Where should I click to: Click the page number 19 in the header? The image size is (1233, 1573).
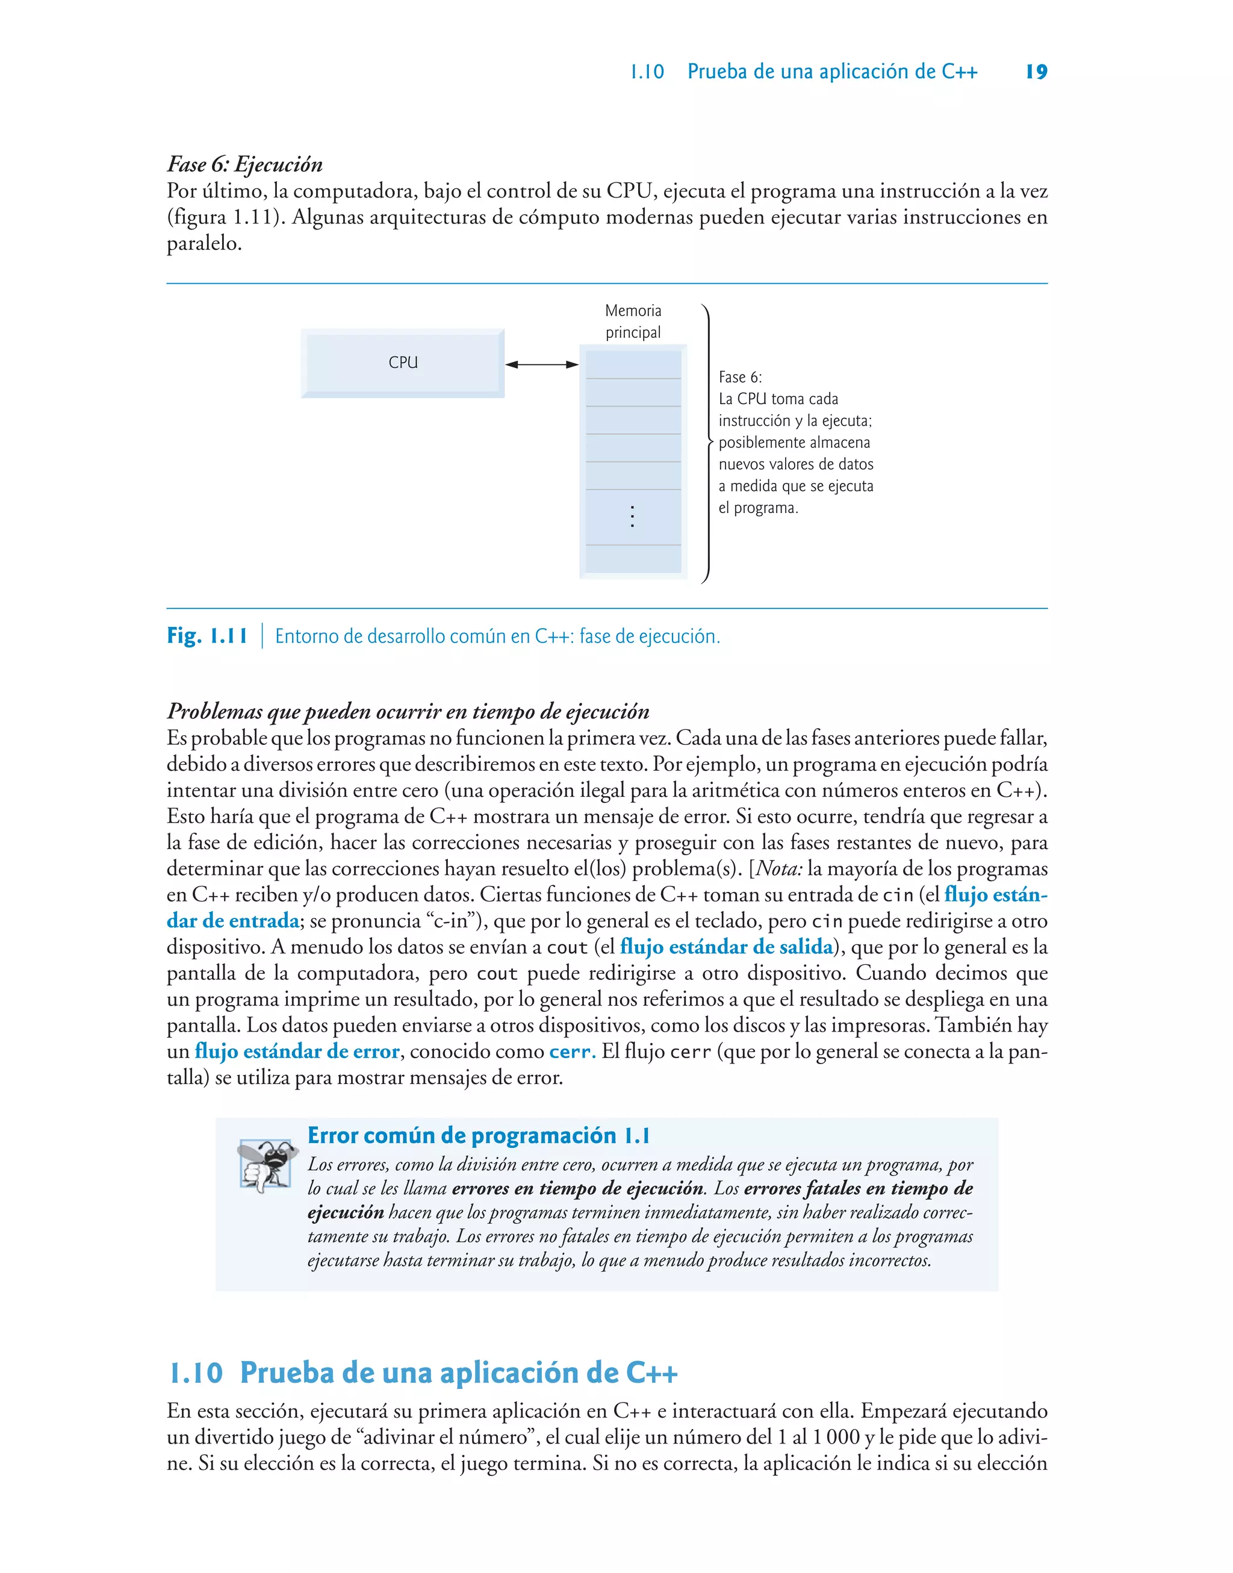pos(1036,72)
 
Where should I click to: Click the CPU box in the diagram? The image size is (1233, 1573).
pos(403,363)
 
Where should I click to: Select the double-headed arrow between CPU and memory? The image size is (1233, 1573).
pos(541,364)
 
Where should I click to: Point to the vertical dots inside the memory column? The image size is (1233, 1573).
pos(632,516)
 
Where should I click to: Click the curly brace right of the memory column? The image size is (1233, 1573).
pos(707,443)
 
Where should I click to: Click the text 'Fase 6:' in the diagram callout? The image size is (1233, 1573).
pos(740,377)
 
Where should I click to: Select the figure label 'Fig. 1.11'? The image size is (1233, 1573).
pos(207,636)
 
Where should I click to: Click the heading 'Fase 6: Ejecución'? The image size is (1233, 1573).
pos(244,164)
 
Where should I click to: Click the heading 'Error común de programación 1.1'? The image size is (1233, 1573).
pos(479,1136)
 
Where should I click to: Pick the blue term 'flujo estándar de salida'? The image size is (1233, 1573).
pos(726,947)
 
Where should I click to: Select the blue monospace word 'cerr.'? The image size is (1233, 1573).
pos(572,1052)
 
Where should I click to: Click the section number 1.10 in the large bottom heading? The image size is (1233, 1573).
pos(196,1373)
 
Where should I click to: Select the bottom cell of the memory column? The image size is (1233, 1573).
pos(633,559)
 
